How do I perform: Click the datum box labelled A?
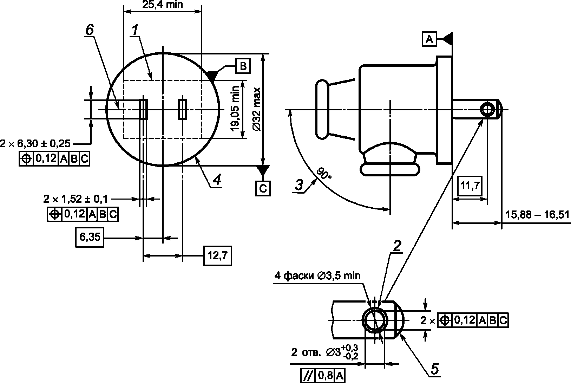(429, 39)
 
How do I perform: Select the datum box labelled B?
(243, 66)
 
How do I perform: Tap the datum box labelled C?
(263, 188)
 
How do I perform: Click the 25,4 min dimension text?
(162, 5)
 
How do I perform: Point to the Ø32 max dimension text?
(257, 109)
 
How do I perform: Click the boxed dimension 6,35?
(90, 237)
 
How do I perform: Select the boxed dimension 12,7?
(217, 255)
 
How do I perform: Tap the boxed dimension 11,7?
(470, 186)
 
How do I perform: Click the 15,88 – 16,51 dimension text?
(537, 215)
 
